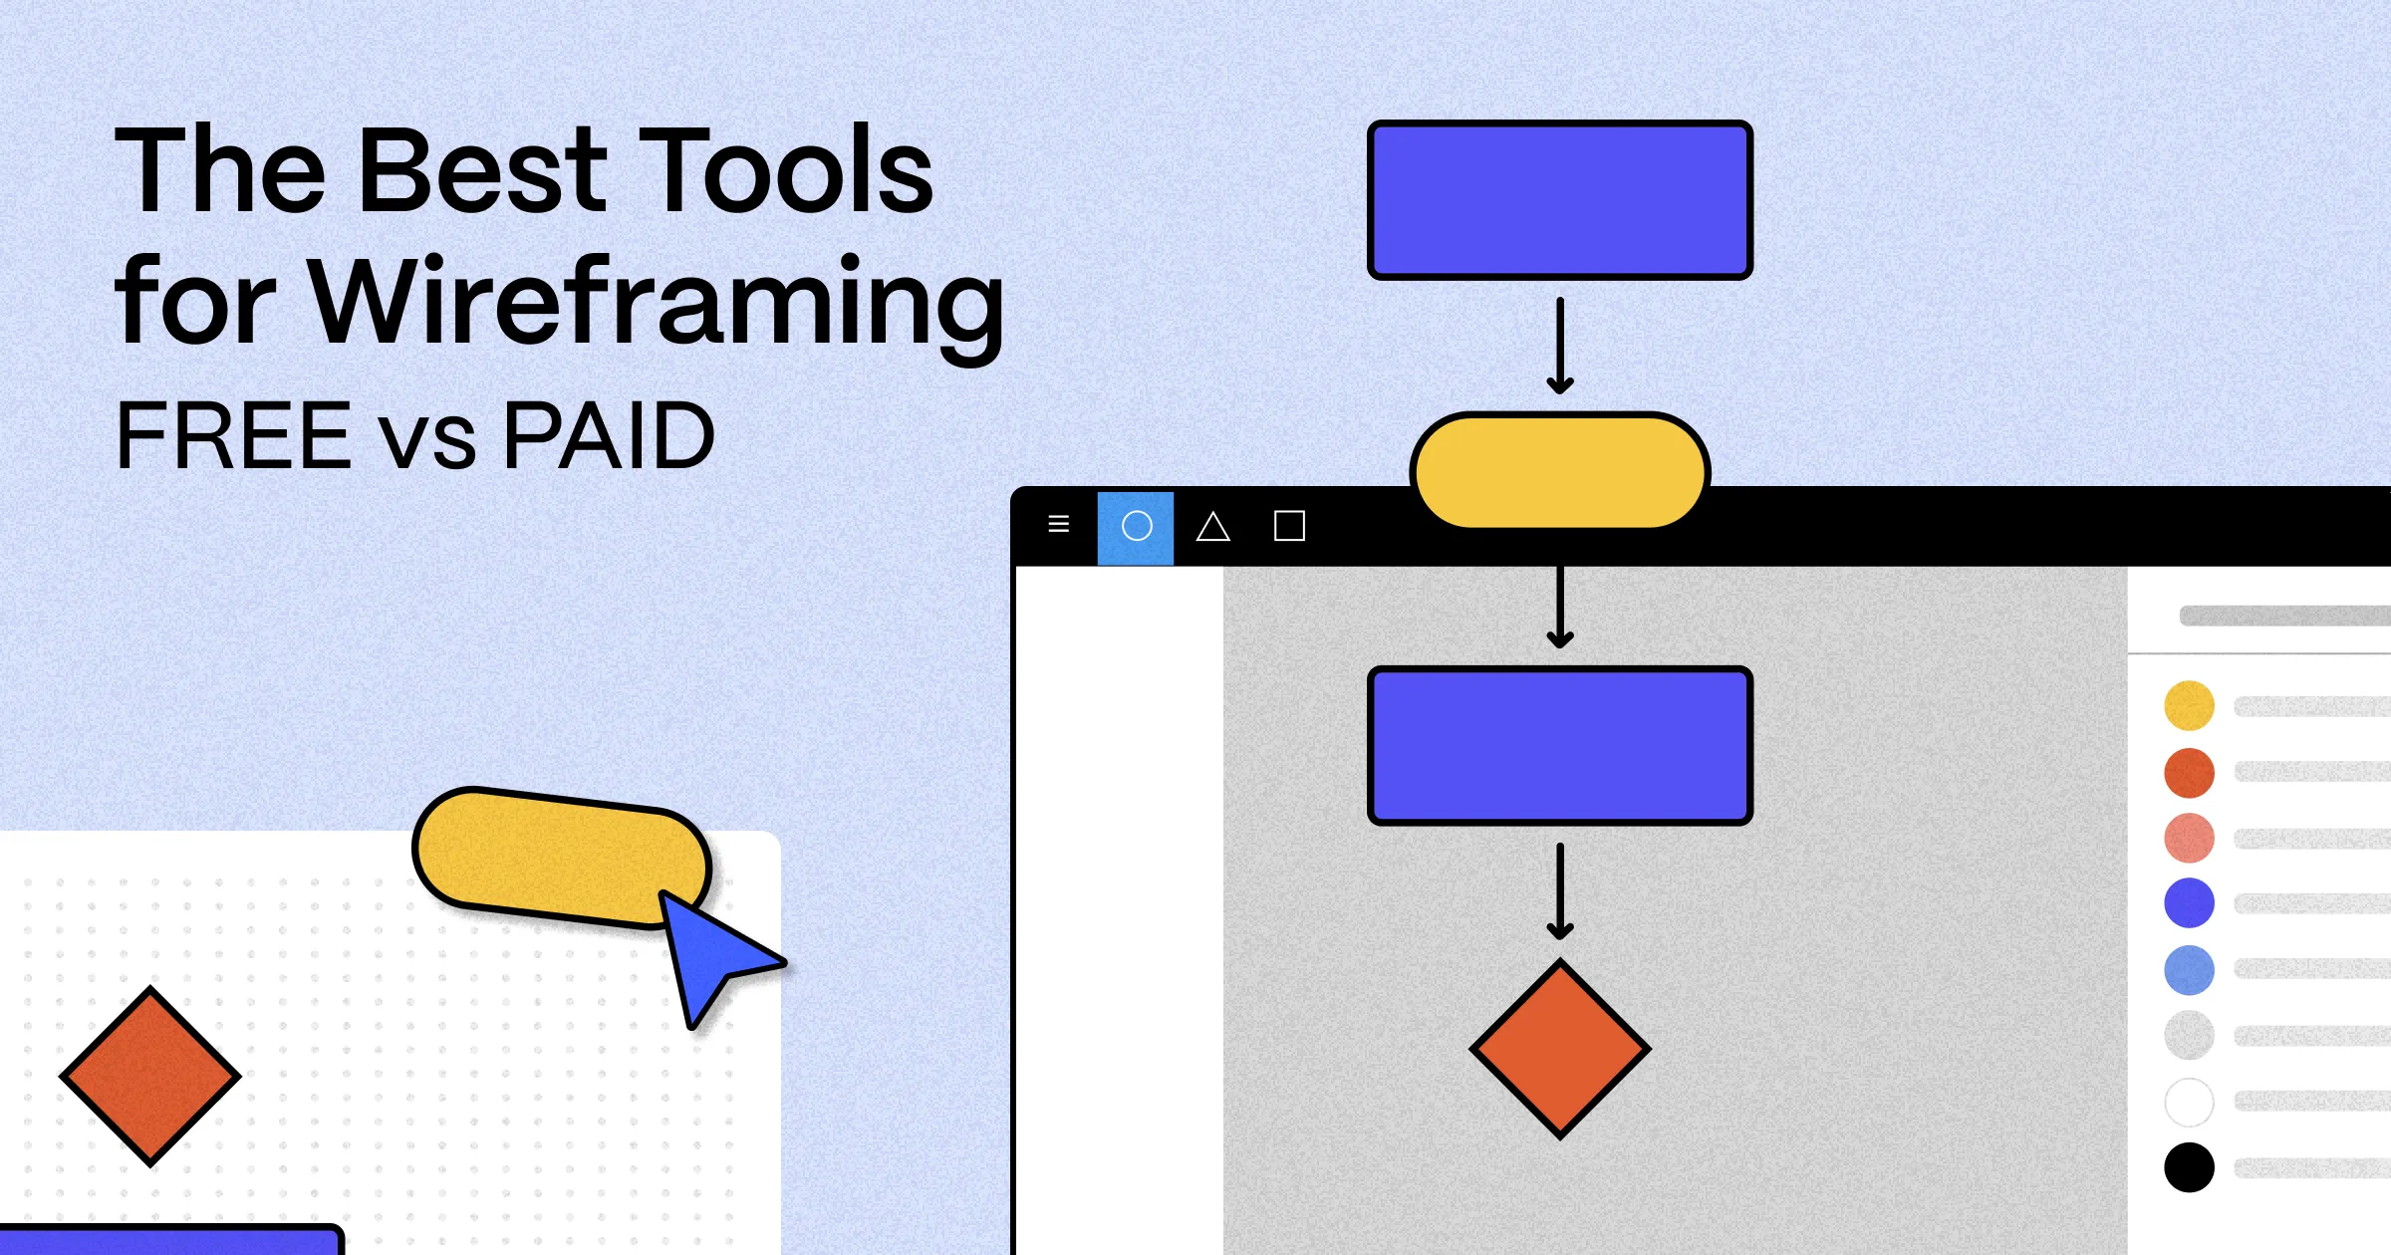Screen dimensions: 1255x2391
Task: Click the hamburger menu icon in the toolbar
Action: click(1059, 524)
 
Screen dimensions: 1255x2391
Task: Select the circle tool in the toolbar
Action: click(1136, 526)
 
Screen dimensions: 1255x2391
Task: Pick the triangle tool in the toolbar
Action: click(1212, 526)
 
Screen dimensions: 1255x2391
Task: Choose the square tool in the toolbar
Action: click(1289, 526)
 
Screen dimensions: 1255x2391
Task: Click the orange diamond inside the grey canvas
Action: click(1560, 1049)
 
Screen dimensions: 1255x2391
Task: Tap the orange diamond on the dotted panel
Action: click(150, 1076)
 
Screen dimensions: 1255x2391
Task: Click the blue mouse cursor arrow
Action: click(711, 957)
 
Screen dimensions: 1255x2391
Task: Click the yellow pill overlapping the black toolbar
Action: click(1560, 470)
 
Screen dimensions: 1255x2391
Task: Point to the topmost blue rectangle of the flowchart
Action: click(1560, 200)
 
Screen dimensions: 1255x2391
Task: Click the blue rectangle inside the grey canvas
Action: click(1560, 746)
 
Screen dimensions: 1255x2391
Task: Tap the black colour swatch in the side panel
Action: click(2189, 1167)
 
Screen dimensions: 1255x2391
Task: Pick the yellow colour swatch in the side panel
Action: click(2189, 705)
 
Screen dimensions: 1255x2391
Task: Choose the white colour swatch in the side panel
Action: click(2189, 1102)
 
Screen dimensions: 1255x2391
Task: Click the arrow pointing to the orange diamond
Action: click(1560, 891)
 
